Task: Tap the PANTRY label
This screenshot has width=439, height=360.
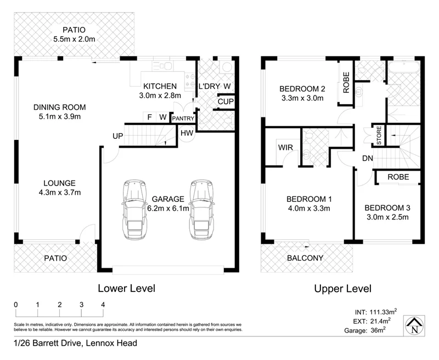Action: tap(182, 118)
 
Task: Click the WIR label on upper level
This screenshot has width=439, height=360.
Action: tap(284, 148)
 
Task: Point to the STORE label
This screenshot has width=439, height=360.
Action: tap(378, 136)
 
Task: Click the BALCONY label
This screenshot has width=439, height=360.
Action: tap(305, 258)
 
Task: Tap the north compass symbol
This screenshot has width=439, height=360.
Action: tap(414, 326)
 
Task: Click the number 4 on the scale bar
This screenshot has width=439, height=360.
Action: tap(103, 305)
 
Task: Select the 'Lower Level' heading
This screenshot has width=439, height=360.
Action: tap(126, 288)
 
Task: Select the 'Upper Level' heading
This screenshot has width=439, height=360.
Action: tap(342, 288)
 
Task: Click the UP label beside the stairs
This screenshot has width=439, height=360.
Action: tap(117, 136)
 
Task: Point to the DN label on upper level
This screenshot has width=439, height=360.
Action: tap(368, 159)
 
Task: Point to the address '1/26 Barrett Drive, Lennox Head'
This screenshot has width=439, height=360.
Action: tap(68, 344)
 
